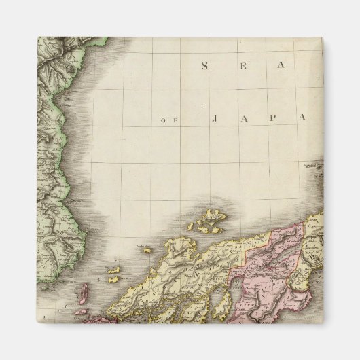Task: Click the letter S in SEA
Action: click(x=204, y=66)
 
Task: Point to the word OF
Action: click(x=168, y=120)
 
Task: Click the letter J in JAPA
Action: click(x=214, y=119)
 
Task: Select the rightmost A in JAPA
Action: click(x=300, y=119)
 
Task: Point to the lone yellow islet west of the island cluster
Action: click(x=147, y=250)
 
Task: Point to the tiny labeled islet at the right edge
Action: click(x=312, y=164)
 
